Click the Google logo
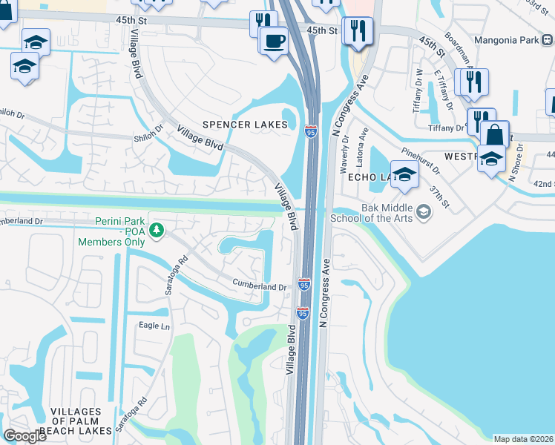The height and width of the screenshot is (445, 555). click(x=24, y=436)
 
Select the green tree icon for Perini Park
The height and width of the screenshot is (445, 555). click(x=156, y=231)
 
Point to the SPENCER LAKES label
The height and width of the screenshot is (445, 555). click(x=245, y=125)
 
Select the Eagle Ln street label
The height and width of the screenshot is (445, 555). click(x=154, y=326)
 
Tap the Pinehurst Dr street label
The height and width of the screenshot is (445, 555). click(x=419, y=162)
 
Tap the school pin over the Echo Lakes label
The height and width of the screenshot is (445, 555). click(x=404, y=174)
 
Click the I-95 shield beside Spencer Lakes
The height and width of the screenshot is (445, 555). click(x=310, y=131)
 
